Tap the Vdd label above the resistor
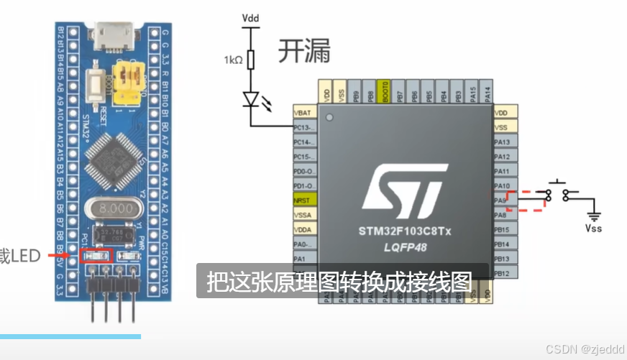[x=251, y=17]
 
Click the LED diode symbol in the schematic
[x=251, y=99]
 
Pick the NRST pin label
[x=303, y=200]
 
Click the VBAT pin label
[x=303, y=113]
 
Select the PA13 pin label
[x=504, y=142]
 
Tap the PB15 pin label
[x=504, y=229]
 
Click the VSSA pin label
[x=303, y=214]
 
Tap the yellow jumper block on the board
[x=131, y=80]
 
